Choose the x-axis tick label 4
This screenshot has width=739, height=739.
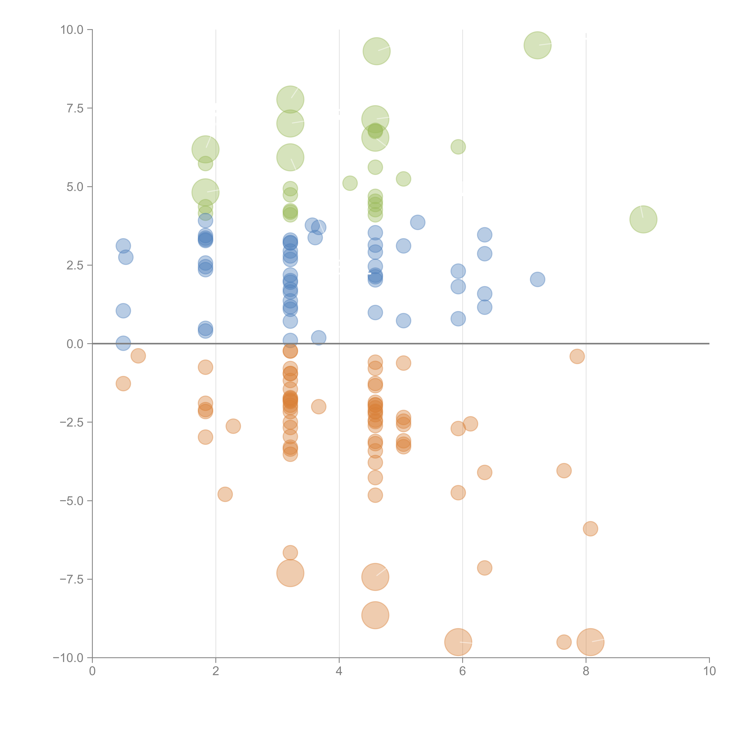(x=339, y=671)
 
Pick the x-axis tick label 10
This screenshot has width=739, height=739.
(x=709, y=671)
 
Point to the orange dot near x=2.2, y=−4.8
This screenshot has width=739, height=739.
(x=225, y=494)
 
